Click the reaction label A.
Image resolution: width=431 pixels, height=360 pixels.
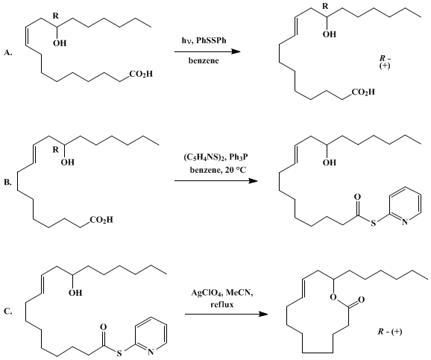click(8, 52)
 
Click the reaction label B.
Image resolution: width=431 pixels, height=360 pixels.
click(8, 182)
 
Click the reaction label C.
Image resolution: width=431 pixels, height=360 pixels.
click(8, 311)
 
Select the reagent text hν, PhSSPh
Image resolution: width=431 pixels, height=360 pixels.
click(204, 40)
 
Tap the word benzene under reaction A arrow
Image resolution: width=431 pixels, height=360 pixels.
click(204, 60)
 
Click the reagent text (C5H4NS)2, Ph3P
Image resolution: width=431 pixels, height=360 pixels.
click(215, 157)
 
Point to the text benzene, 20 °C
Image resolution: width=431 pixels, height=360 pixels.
click(218, 170)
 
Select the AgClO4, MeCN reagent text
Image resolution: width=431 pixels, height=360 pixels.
click(222, 293)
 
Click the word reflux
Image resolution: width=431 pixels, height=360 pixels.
click(221, 305)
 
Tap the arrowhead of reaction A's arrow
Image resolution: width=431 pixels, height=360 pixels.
click(236, 51)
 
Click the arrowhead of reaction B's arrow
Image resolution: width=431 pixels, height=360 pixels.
click(254, 180)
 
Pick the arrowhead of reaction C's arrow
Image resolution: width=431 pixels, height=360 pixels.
click(263, 314)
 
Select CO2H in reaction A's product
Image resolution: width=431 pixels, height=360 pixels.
click(363, 92)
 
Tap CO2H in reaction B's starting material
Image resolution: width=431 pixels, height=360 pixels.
click(101, 220)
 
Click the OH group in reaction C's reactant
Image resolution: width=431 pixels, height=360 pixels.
click(75, 293)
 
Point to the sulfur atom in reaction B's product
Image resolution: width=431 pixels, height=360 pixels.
click(373, 223)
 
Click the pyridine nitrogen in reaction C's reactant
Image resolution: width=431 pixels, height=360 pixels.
click(150, 353)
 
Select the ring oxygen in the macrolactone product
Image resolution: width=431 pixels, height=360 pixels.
click(333, 297)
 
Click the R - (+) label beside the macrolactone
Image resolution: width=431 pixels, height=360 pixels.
click(390, 332)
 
